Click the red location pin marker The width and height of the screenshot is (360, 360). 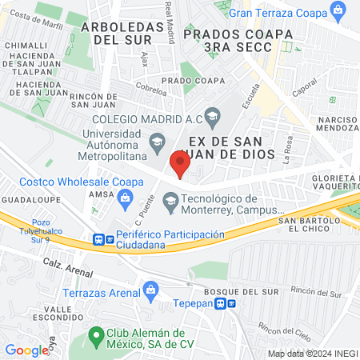(180, 165)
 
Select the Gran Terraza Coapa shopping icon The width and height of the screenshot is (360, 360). (339, 12)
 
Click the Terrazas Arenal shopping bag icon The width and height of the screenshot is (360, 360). (149, 288)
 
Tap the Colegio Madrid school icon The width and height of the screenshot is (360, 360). (212, 118)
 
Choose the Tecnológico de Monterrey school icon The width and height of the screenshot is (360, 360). (170, 200)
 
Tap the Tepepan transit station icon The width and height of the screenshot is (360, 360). (230, 304)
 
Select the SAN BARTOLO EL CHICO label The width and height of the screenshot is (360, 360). (305, 225)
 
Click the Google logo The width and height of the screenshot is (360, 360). (27, 350)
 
